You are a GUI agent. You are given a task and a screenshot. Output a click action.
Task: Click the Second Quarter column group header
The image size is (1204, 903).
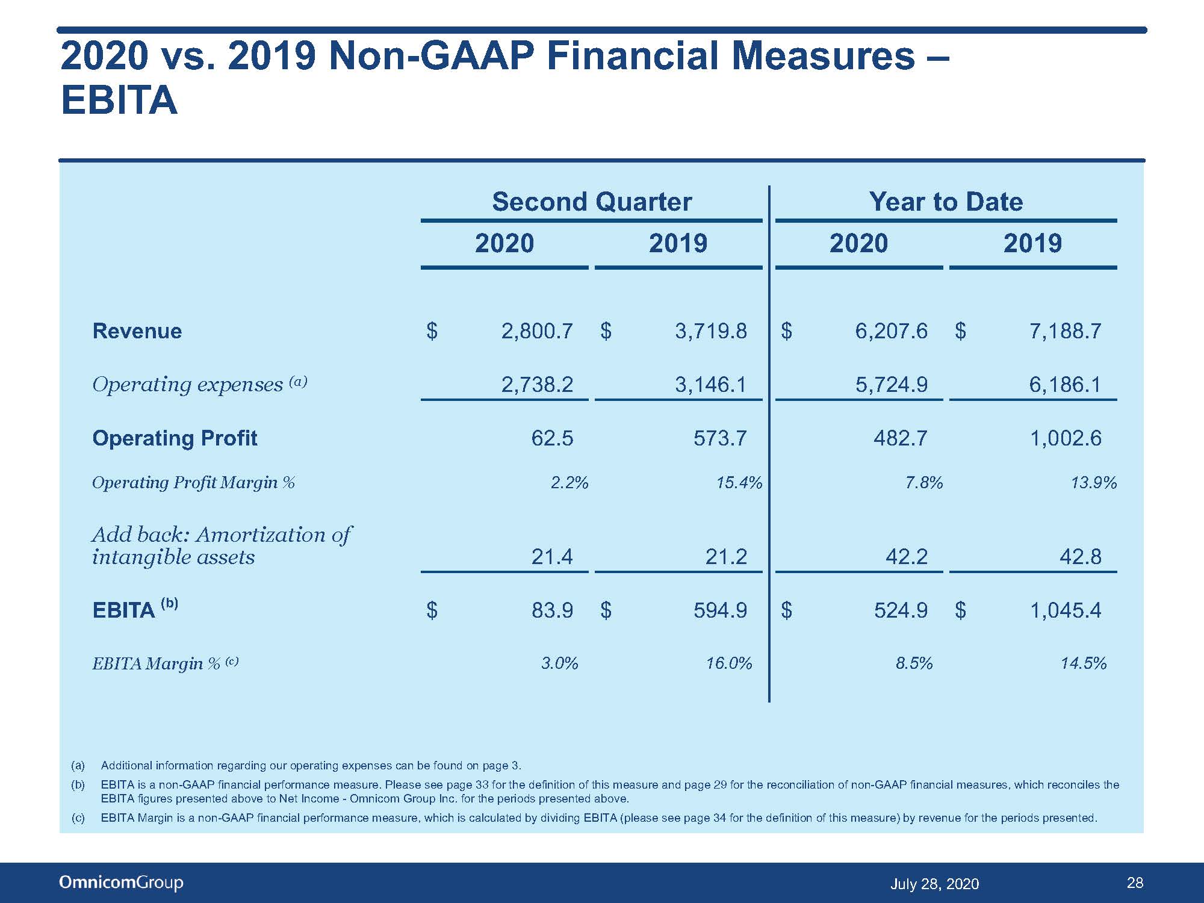[592, 202]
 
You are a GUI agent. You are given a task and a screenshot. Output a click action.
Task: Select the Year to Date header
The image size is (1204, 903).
[946, 202]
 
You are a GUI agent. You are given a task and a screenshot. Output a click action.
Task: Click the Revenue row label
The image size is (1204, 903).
[137, 331]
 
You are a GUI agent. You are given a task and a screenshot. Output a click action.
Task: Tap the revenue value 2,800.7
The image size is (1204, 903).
[537, 331]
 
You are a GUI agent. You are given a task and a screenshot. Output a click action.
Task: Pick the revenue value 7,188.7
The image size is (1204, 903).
[1065, 331]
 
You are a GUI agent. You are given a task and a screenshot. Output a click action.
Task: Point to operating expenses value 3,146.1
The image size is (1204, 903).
[710, 384]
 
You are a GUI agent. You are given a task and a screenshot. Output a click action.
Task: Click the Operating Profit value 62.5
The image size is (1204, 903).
[552, 438]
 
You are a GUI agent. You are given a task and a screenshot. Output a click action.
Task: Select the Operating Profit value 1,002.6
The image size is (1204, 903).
[1066, 438]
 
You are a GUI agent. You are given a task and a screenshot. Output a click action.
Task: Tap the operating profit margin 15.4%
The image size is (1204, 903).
[739, 483]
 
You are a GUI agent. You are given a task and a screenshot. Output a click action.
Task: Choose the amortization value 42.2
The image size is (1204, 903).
[907, 556]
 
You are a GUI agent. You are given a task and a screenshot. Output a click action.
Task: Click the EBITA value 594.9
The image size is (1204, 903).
[720, 610]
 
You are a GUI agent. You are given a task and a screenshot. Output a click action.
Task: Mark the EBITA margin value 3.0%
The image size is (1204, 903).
[560, 663]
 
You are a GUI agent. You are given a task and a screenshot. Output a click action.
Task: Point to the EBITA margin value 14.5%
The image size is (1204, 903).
[1084, 663]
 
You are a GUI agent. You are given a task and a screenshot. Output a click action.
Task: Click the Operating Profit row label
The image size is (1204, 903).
[175, 438]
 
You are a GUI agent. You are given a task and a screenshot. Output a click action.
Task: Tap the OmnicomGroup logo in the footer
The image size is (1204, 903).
[121, 883]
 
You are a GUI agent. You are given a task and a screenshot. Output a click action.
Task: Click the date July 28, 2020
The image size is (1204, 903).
[934, 884]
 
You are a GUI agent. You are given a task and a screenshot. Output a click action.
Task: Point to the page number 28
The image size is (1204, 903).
[1135, 883]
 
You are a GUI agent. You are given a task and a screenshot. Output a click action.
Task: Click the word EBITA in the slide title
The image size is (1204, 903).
[119, 100]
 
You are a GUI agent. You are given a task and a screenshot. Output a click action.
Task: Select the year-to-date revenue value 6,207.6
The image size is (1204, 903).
[892, 331]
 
